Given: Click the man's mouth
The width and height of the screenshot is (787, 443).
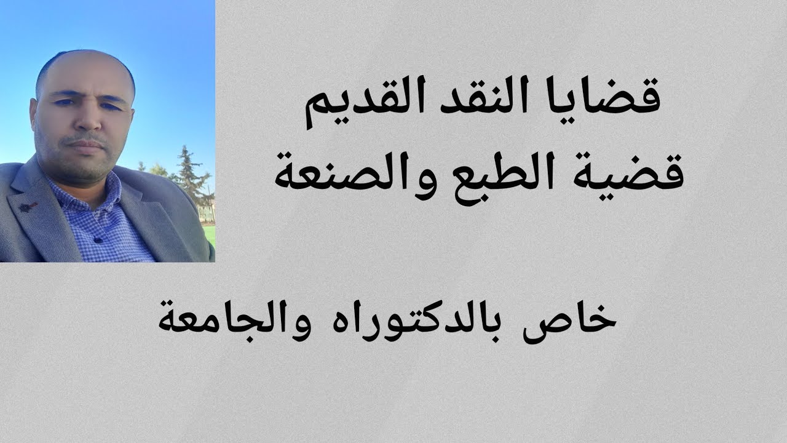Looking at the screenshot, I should point(86,145).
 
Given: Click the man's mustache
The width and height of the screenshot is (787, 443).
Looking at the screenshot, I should point(86,137).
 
